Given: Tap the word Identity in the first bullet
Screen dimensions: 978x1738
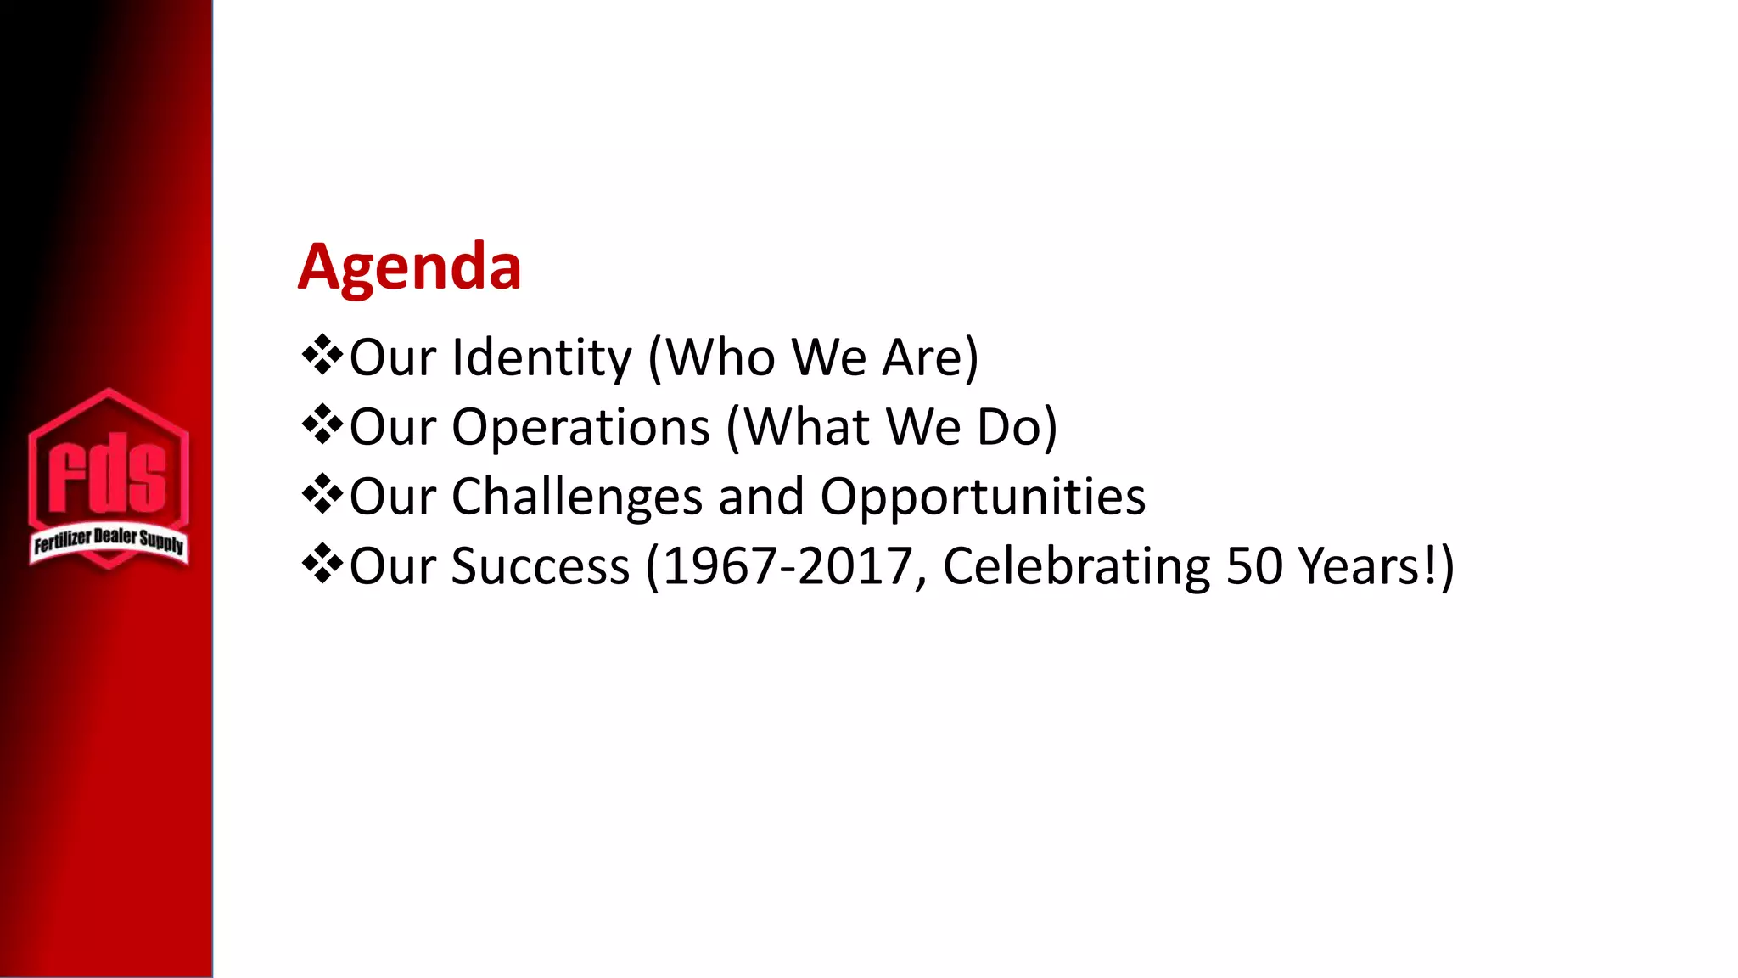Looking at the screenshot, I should coord(541,357).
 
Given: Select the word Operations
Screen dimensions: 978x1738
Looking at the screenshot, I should coord(580,427).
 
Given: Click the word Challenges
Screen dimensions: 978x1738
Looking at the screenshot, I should coord(576,497).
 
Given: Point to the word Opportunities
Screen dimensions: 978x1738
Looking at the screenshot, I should coord(983,497).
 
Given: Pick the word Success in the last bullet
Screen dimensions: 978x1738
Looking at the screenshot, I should coord(540,566).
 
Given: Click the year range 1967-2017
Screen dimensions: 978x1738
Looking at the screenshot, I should coord(787,566).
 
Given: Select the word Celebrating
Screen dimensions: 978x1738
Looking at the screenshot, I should coord(1076,566).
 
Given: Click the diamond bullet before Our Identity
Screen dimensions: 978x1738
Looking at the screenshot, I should coord(322,356).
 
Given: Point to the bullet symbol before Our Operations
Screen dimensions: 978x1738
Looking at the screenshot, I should coord(322,425).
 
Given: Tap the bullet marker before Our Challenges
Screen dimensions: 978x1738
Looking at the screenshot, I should coord(322,495).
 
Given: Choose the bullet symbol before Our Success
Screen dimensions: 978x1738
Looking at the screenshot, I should coord(322,565).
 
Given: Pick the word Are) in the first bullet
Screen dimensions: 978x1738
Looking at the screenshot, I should coord(930,357).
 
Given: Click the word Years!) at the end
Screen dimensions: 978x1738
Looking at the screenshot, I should coord(1376,566).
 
